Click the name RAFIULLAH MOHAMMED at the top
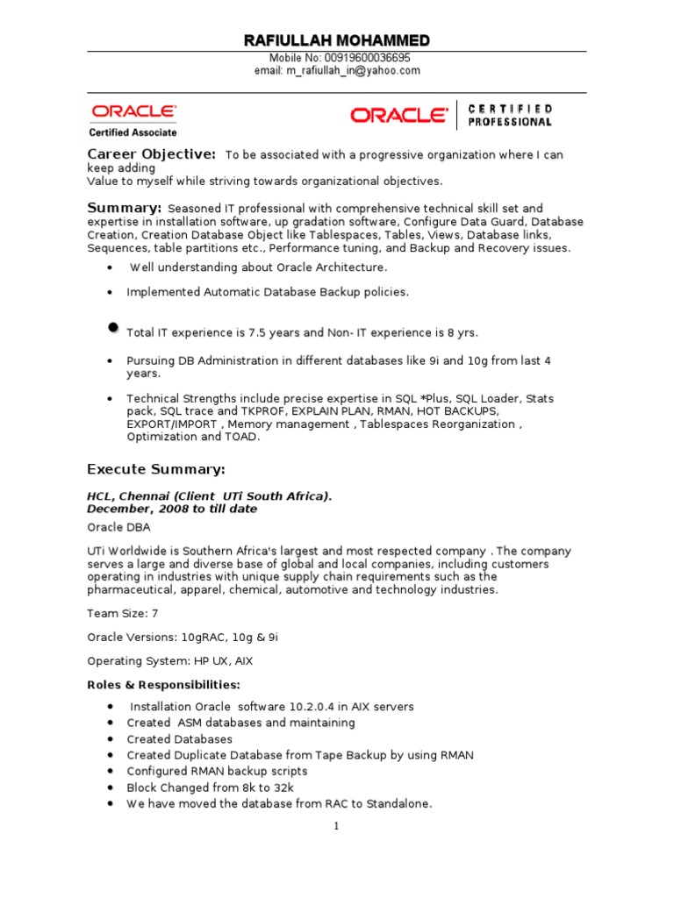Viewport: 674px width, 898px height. click(x=336, y=41)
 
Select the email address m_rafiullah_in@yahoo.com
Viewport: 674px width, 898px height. click(x=337, y=71)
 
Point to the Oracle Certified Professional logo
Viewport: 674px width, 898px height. click(x=451, y=115)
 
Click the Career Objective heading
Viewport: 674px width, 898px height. click(x=151, y=155)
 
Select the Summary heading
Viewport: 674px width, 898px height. click(x=124, y=208)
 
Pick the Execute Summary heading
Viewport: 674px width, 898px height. click(x=156, y=469)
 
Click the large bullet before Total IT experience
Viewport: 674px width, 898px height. click(x=112, y=327)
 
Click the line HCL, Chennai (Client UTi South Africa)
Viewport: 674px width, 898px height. click(x=209, y=496)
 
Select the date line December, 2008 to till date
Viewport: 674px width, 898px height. click(x=172, y=509)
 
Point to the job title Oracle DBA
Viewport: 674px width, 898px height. click(x=118, y=528)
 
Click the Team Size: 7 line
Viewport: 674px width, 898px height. click(x=122, y=614)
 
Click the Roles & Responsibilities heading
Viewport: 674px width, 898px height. click(x=163, y=685)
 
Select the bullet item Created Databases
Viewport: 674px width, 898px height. click(x=179, y=739)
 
